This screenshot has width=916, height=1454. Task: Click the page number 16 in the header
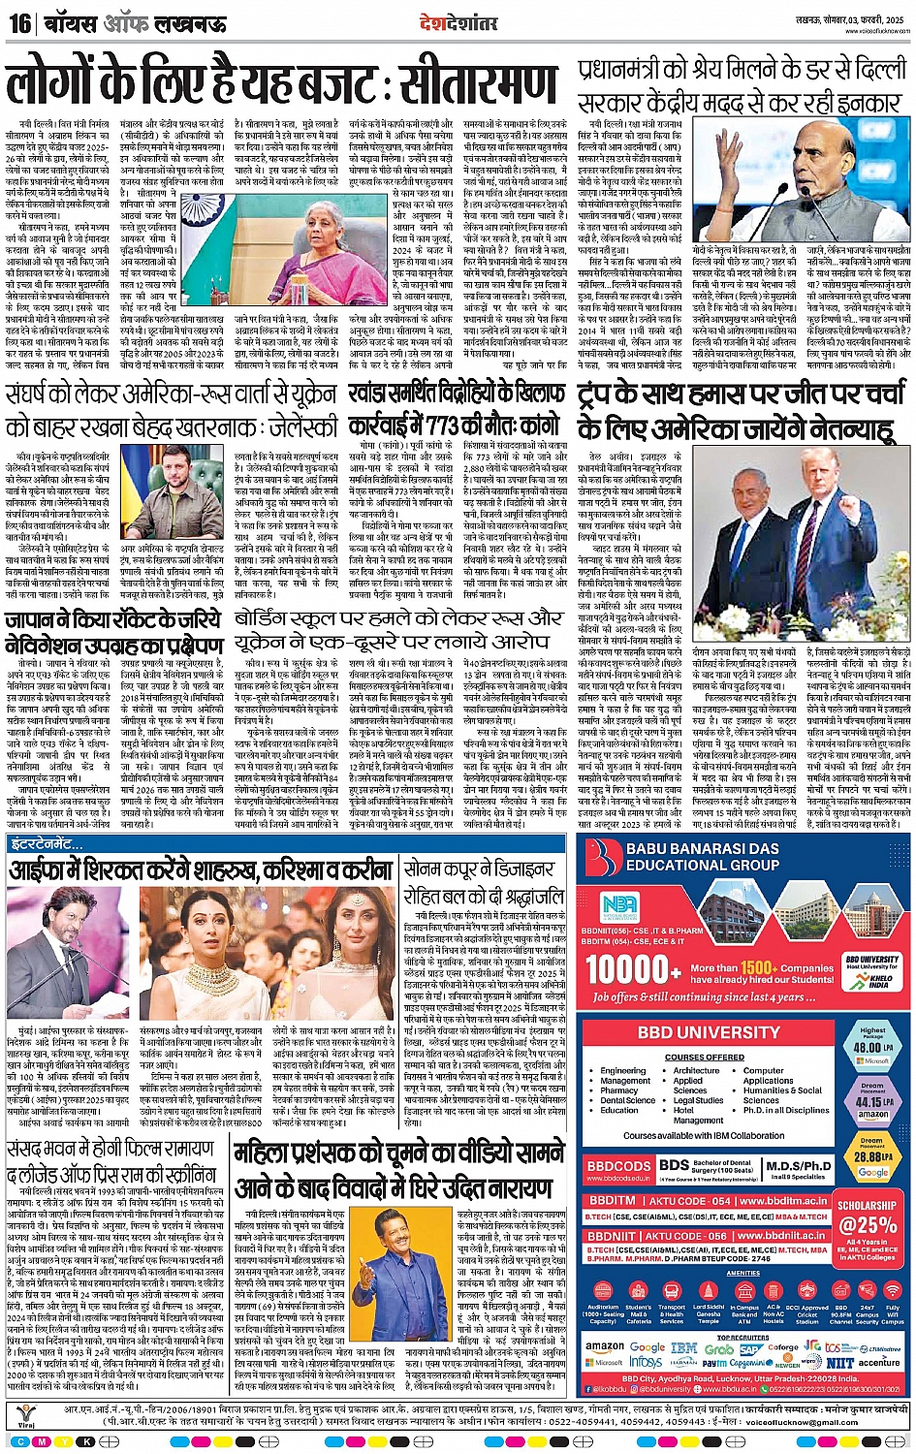coord(19,22)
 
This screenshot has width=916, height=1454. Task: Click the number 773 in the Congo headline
coord(468,427)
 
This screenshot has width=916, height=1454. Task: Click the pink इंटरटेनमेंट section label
coord(47,845)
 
